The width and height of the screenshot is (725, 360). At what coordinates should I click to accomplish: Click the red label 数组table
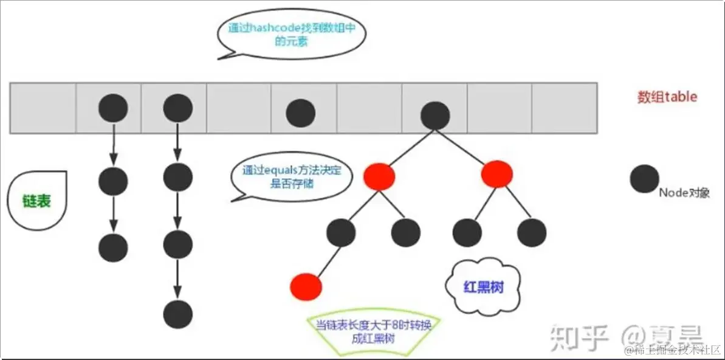click(x=667, y=97)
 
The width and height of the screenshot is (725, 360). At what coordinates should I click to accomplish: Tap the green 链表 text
click(x=36, y=201)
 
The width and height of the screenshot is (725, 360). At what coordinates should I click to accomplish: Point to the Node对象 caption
click(x=684, y=193)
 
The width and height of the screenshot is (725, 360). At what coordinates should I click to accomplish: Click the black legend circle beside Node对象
click(x=644, y=178)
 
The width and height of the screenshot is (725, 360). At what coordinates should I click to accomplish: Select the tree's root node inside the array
click(x=435, y=115)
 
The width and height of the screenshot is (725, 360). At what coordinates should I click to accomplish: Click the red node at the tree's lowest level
click(x=306, y=285)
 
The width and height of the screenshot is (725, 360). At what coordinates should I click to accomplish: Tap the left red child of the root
click(x=379, y=176)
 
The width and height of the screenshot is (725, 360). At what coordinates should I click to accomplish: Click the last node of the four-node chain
click(x=178, y=314)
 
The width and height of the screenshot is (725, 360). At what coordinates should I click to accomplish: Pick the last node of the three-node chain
click(x=113, y=247)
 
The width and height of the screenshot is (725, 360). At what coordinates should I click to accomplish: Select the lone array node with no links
click(x=301, y=112)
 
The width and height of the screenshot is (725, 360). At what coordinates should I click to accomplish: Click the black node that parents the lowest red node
click(x=340, y=232)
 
